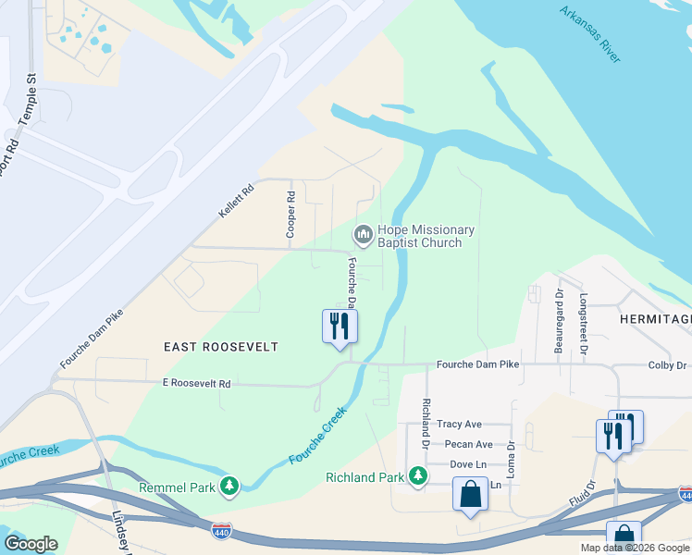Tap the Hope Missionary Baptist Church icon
click(x=363, y=236)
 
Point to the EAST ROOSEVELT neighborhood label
click(x=220, y=347)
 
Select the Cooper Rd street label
click(x=290, y=216)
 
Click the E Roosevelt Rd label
click(x=195, y=382)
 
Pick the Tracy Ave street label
click(x=460, y=425)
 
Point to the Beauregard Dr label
click(x=560, y=320)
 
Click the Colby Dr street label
click(x=667, y=365)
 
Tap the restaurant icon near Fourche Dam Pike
click(x=340, y=327)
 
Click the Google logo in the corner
click(x=31, y=544)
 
